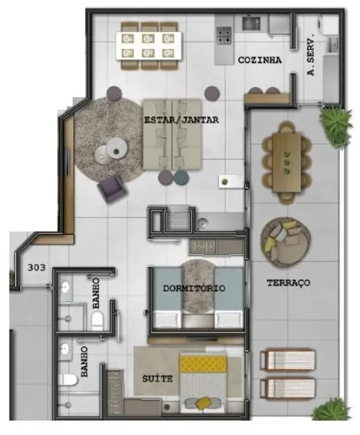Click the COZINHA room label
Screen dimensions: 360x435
[260, 60]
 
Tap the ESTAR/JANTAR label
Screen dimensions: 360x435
[181, 120]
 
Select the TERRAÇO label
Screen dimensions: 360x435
[288, 282]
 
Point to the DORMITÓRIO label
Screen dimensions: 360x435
[194, 288]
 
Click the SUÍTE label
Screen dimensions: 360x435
[157, 378]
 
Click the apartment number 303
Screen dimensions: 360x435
[36, 268]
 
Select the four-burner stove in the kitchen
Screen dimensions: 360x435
[224, 35]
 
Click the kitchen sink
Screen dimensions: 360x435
[251, 23]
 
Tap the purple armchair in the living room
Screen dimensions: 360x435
[112, 188]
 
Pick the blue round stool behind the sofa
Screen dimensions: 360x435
[181, 177]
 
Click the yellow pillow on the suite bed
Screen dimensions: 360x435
[204, 403]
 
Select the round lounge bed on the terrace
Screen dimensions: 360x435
[286, 243]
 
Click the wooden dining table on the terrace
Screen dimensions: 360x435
[287, 163]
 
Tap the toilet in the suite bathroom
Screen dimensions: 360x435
[68, 379]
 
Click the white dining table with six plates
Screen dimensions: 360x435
[149, 46]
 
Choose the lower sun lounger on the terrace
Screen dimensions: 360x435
[288, 388]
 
